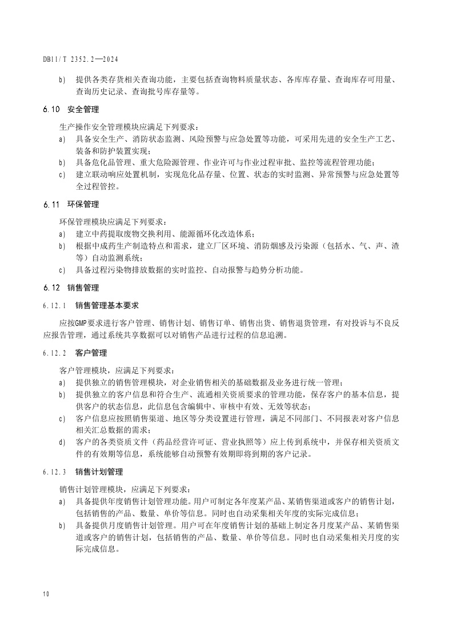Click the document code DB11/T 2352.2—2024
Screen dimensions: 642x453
81,59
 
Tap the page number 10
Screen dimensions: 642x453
46,594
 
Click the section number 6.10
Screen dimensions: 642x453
51,109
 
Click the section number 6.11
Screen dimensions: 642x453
51,204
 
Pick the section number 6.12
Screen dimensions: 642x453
51,288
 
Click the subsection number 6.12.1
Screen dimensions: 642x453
54,306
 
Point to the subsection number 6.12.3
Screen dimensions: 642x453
54,472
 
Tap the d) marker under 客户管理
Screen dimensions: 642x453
62,442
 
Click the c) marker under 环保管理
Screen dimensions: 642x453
62,270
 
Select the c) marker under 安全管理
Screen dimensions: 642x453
62,174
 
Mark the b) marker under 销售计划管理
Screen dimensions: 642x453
62,525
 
